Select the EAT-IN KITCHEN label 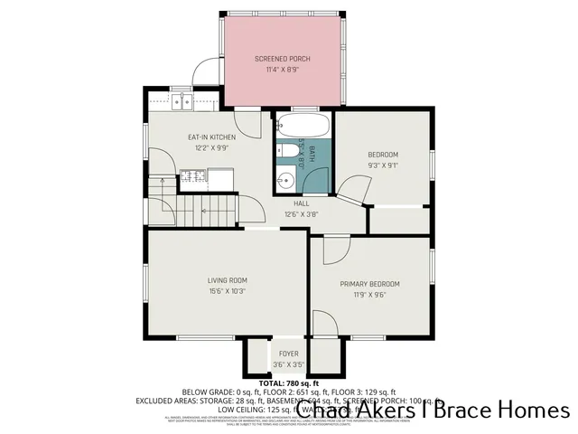pos(211,137)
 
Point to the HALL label pos(301,204)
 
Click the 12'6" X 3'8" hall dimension pos(301,214)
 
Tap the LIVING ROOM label pos(227,280)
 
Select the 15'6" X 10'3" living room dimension pos(227,291)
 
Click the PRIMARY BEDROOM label pos(369,284)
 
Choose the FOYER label pos(288,354)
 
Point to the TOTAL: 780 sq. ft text pos(289,384)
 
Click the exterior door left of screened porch pos(209,71)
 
